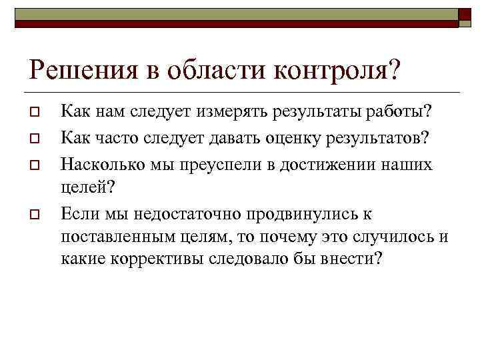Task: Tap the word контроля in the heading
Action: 347,69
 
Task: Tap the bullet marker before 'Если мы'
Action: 36,215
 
